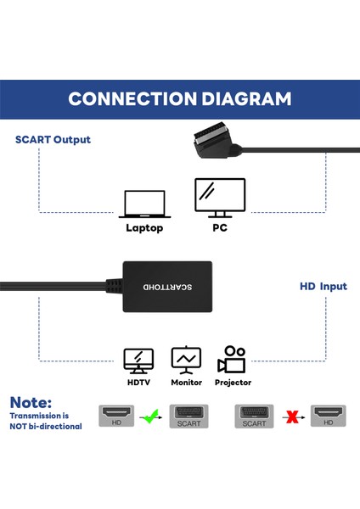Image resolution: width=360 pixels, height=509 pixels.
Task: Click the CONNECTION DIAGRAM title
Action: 180,98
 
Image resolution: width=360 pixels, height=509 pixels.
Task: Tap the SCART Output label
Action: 53,139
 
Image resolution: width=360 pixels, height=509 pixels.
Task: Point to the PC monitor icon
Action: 220,199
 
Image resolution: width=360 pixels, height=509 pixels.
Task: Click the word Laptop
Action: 144,227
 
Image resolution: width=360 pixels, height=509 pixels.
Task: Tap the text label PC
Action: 220,227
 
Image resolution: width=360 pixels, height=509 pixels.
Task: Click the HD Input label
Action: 323,286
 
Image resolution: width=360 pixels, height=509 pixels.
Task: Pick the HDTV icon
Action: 138,360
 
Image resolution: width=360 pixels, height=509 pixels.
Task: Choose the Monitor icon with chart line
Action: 186,360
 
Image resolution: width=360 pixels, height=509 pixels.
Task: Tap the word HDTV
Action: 138,383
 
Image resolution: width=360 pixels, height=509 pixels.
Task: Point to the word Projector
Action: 233,383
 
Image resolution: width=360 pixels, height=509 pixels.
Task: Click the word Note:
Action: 31,402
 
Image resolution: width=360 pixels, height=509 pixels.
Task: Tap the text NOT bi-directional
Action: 47,426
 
